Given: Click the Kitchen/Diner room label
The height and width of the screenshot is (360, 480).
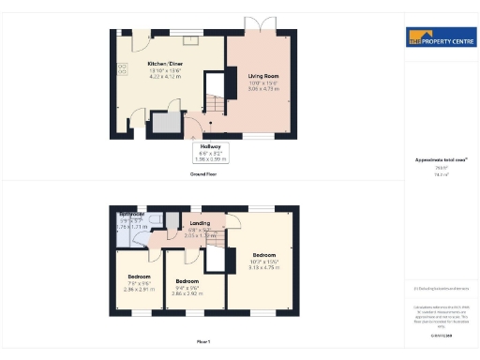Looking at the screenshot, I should (164, 64).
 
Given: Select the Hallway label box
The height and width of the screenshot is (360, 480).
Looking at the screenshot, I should (211, 147).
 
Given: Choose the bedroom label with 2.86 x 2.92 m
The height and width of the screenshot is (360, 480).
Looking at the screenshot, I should (187, 281).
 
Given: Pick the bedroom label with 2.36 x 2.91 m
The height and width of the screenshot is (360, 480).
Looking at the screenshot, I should (138, 277).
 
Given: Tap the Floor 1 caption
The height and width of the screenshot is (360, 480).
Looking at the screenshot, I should (203, 341).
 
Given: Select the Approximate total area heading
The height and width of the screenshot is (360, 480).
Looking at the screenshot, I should (441, 160).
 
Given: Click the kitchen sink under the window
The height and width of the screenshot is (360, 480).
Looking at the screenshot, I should (190, 40).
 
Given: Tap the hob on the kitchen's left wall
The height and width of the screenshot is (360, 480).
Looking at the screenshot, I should (122, 67).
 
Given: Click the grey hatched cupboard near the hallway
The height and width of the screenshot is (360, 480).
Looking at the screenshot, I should (166, 124).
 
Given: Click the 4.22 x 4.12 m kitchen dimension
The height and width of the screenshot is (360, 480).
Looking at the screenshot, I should (164, 78).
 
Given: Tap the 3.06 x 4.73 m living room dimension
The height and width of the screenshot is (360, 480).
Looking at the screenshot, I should (262, 88).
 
